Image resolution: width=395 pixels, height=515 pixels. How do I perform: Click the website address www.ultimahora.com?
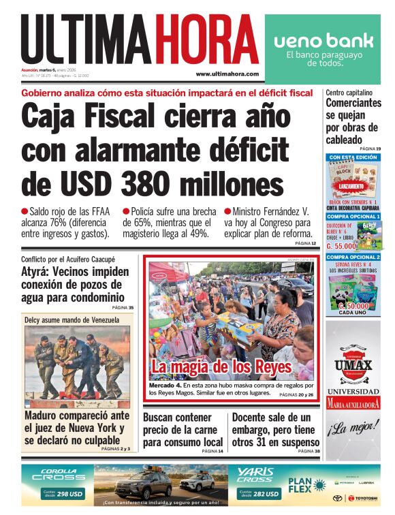coord(227,74)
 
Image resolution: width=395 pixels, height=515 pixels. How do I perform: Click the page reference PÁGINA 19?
coord(370,149)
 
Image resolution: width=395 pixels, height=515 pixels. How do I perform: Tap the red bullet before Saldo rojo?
coord(25,212)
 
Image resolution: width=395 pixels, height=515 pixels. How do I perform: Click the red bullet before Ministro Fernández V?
coord(227,212)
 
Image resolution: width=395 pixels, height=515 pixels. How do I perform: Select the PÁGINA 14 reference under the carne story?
coord(212,451)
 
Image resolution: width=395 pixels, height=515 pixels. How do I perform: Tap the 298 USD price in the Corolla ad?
coord(71,495)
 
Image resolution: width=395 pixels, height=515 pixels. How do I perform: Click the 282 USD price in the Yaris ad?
coord(266,495)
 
